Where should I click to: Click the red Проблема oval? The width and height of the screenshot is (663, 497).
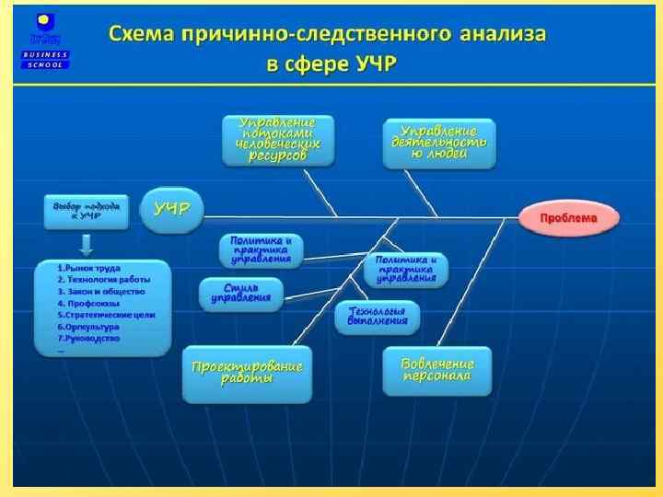click(568, 218)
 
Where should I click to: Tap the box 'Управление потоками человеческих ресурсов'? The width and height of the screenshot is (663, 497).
click(277, 139)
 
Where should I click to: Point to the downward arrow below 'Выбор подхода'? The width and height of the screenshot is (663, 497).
click(86, 244)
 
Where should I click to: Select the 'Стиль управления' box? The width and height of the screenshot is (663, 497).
click(240, 294)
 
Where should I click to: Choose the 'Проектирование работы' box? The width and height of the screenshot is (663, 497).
click(247, 374)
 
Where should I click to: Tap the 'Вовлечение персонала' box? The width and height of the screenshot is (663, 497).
click(437, 370)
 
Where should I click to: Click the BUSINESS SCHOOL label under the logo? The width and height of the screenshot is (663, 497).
click(45, 60)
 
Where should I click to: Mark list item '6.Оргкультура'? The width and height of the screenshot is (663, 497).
click(88, 326)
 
